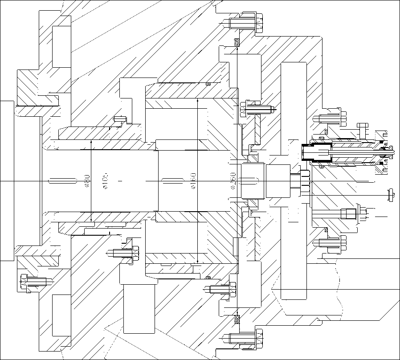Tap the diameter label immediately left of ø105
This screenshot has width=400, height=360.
coord(87,181)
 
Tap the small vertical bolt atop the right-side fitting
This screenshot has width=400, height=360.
coord(362,130)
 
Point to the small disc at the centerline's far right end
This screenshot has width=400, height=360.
coord(391,195)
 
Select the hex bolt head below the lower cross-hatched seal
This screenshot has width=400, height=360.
coord(259,339)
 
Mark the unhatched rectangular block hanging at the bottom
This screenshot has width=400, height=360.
coord(139,307)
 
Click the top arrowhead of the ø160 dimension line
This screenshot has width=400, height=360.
coord(197,101)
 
